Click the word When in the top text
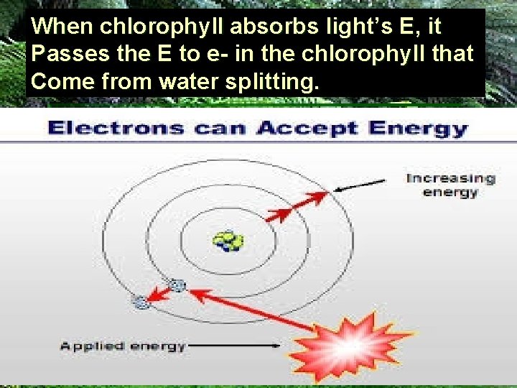tap(62, 27)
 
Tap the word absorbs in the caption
tap(248, 27)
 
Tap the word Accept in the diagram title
tap(307, 130)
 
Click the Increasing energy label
tap(450, 185)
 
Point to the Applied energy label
tap(123, 346)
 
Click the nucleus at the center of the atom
tap(229, 241)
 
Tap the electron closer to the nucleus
tap(177, 286)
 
